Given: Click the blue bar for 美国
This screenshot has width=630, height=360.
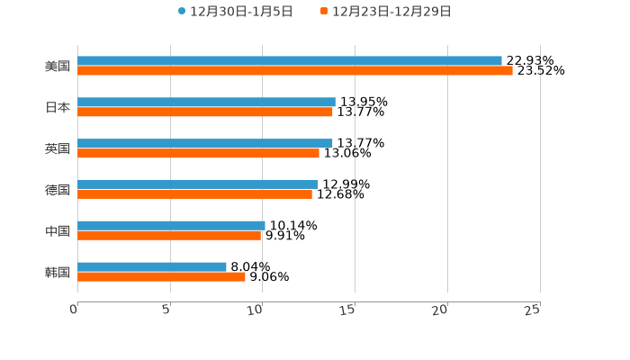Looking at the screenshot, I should coord(290,61).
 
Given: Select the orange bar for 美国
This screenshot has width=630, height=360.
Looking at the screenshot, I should coord(295,71).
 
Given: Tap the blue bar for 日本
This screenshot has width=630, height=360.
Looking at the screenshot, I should coord(206,103).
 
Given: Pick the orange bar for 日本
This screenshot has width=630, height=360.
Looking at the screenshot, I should coord(205,112).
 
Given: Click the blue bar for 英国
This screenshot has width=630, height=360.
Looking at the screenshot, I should coord(205,143).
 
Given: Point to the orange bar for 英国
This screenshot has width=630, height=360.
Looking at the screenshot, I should coord(198,154).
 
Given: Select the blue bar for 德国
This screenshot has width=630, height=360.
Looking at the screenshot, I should coord(198,184).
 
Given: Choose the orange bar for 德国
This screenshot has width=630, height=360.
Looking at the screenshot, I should coord(194,194).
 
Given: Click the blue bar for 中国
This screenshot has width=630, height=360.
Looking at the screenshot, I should coord(171,226).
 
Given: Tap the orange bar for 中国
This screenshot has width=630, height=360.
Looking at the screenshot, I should coord(169,236).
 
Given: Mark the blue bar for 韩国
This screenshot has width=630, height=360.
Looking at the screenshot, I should coord(152,266).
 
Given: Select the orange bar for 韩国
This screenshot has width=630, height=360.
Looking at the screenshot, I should coord(161,277).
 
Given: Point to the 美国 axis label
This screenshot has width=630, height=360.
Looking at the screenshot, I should coord(58,67).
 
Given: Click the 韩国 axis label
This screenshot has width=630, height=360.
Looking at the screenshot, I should coord(58,272).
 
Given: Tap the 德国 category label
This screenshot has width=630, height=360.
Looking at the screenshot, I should coord(58,190).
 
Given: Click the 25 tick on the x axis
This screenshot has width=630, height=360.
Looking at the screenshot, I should coord(532,310).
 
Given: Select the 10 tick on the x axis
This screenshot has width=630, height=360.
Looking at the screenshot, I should coord(256,310).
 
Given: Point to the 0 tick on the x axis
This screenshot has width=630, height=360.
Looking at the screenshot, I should coord(75,310).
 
